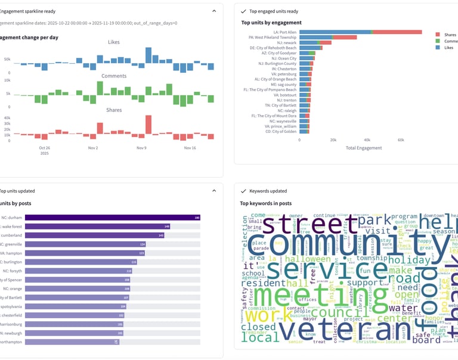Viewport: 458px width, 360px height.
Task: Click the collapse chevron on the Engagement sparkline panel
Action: coord(214,11)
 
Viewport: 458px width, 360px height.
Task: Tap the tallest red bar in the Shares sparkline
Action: coord(148,125)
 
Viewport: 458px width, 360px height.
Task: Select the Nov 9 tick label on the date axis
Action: coord(141,148)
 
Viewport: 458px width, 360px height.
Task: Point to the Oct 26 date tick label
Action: coord(44,148)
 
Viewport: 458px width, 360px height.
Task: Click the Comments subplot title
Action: coord(114,76)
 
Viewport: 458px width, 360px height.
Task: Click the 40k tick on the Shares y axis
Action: coord(7,117)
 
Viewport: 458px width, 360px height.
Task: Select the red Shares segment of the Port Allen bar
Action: coord(397,32)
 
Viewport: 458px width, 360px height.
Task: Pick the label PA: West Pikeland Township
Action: coord(273,37)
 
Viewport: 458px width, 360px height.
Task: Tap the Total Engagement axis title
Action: coord(363,148)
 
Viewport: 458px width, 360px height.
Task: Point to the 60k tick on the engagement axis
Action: coord(401,139)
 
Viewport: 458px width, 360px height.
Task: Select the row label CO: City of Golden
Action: coord(280,131)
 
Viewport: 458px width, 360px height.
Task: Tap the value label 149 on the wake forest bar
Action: coord(166,226)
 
